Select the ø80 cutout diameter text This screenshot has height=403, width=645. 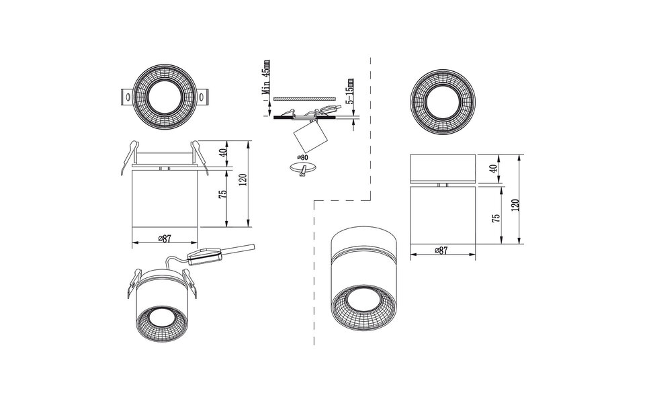(303, 158)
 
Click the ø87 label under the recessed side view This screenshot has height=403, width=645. (164, 238)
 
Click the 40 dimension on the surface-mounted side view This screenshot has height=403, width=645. (495, 169)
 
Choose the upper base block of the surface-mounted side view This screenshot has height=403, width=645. (442, 168)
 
